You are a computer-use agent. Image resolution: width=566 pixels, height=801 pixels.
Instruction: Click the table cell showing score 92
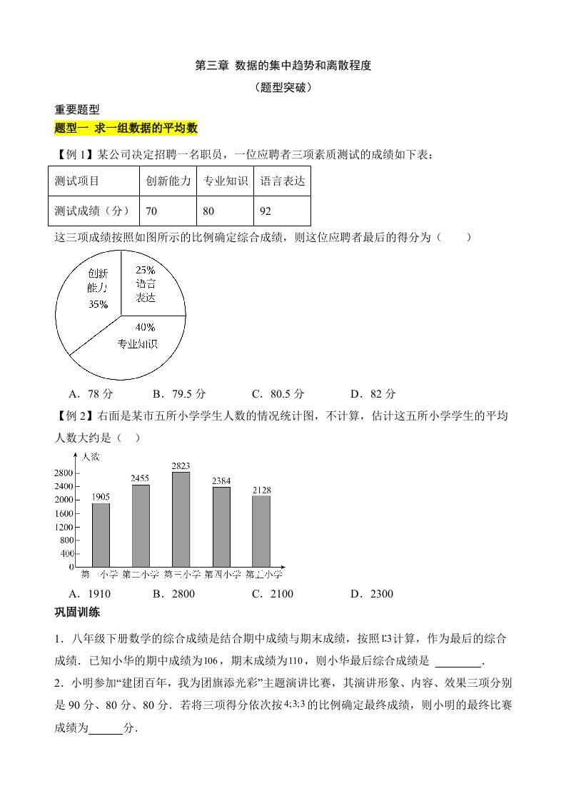(282, 211)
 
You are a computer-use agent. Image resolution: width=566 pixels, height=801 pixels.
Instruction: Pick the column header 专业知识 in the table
(225, 181)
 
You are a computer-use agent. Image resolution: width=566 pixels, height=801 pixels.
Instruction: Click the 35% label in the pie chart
(98, 305)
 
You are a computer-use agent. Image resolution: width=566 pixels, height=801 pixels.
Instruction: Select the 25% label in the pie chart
(146, 271)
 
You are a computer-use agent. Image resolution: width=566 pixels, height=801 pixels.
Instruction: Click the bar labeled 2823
(181, 519)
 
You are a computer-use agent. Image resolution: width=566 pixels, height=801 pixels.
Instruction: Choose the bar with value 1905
(101, 535)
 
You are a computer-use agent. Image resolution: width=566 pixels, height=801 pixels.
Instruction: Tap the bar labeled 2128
(261, 531)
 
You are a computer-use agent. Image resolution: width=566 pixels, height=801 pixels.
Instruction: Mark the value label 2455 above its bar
(141, 478)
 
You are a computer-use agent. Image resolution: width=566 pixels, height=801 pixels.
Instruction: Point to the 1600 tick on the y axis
(64, 513)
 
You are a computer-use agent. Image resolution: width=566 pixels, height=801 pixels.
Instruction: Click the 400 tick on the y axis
(66, 553)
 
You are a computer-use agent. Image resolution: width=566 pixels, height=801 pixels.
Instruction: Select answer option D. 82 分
(373, 393)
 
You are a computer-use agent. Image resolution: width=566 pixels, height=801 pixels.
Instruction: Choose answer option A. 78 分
(91, 393)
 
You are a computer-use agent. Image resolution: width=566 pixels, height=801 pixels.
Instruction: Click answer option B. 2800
(173, 594)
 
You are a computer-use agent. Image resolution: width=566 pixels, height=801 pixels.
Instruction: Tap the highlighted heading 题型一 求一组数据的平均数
(126, 129)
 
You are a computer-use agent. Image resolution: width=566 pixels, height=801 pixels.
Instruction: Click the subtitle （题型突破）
(283, 89)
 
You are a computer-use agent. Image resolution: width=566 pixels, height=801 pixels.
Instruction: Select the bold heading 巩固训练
(77, 612)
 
